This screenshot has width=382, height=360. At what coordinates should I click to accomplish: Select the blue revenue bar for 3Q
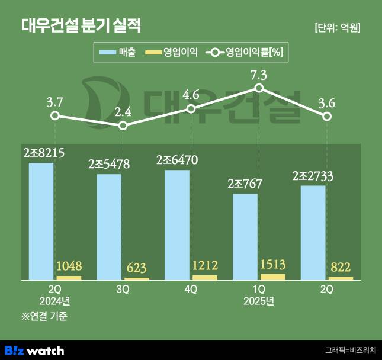pyautogui.click(x=110, y=226)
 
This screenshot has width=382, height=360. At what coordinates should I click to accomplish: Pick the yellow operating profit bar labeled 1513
pyautogui.click(x=272, y=277)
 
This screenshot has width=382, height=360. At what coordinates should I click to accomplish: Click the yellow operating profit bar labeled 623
pyautogui.click(x=137, y=278)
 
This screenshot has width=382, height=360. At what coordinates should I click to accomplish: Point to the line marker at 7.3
pyautogui.click(x=259, y=88)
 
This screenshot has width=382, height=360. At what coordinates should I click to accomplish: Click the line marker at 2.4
pyautogui.click(x=123, y=126)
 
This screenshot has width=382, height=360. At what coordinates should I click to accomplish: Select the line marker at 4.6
pyautogui.click(x=191, y=109)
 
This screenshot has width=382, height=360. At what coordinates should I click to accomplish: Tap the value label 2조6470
pyautogui.click(x=177, y=160)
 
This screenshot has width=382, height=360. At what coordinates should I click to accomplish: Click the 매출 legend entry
pyautogui.click(x=118, y=53)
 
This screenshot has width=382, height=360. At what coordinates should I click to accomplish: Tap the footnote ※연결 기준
pyautogui.click(x=44, y=316)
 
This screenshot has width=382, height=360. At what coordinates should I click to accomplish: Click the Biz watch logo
pyautogui.click(x=34, y=351)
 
